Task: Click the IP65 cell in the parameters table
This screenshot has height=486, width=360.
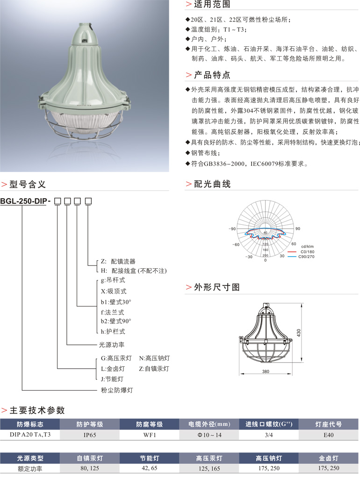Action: coord(90,435)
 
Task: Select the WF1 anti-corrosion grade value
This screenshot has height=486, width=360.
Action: coord(150,435)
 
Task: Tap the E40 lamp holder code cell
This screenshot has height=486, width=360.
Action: coord(328,435)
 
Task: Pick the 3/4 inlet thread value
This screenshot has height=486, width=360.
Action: coord(269,435)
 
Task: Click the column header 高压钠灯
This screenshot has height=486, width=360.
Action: coord(269,458)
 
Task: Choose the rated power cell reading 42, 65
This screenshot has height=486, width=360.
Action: coord(150,468)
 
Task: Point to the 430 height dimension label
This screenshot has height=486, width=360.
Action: coord(299,333)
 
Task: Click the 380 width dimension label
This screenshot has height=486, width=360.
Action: coord(266,372)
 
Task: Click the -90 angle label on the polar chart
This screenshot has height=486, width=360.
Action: coord(232,229)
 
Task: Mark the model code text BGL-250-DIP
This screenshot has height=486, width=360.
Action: coord(23,201)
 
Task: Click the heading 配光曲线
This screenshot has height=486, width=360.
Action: coord(212,184)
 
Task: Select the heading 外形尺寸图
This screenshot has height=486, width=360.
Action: coord(217,287)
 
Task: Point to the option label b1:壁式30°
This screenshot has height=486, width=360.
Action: coord(116,302)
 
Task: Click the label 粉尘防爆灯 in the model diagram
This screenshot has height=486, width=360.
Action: coord(117,390)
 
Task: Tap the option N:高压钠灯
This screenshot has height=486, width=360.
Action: coord(154,358)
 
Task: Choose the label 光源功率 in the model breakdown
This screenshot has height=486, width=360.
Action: coord(112,345)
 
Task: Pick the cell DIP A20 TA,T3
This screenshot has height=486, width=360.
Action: coord(30,435)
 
